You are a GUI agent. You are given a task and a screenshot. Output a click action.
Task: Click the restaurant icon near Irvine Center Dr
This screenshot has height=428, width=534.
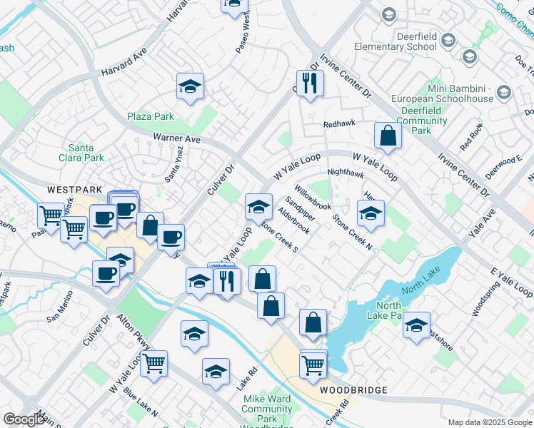point(311,83)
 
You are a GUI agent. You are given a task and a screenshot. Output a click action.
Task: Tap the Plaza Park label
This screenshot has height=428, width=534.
point(151,116)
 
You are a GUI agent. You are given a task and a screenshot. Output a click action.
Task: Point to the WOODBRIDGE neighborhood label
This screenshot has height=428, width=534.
point(353,390)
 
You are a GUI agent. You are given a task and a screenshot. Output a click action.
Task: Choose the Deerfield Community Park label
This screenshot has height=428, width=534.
point(422,121)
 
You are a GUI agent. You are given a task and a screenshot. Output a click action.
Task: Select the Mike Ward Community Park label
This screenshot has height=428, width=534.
point(266,409)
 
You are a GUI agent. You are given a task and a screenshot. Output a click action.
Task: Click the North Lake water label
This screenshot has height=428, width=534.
point(418,288)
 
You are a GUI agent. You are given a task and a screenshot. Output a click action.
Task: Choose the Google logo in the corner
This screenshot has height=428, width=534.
point(24,419)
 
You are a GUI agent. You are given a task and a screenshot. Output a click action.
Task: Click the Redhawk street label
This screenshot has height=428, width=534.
point(338,124)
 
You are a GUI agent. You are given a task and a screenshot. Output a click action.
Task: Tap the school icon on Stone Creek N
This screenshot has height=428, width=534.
point(371,213)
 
